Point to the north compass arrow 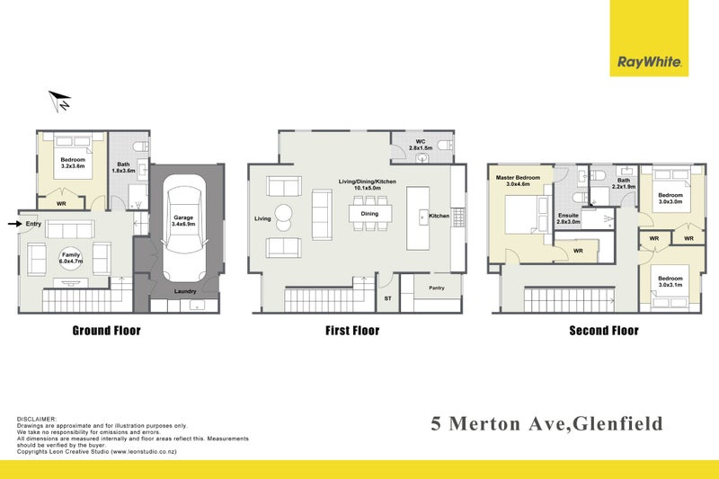click(x=59, y=101)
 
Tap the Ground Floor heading click(x=106, y=330)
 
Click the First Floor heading click(x=352, y=330)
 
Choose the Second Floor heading click(x=604, y=330)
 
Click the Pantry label click(x=437, y=288)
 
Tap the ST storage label click(x=388, y=297)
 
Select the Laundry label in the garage click(x=185, y=290)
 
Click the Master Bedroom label click(x=519, y=178)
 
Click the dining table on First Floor click(x=369, y=214)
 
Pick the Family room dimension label click(x=71, y=258)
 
